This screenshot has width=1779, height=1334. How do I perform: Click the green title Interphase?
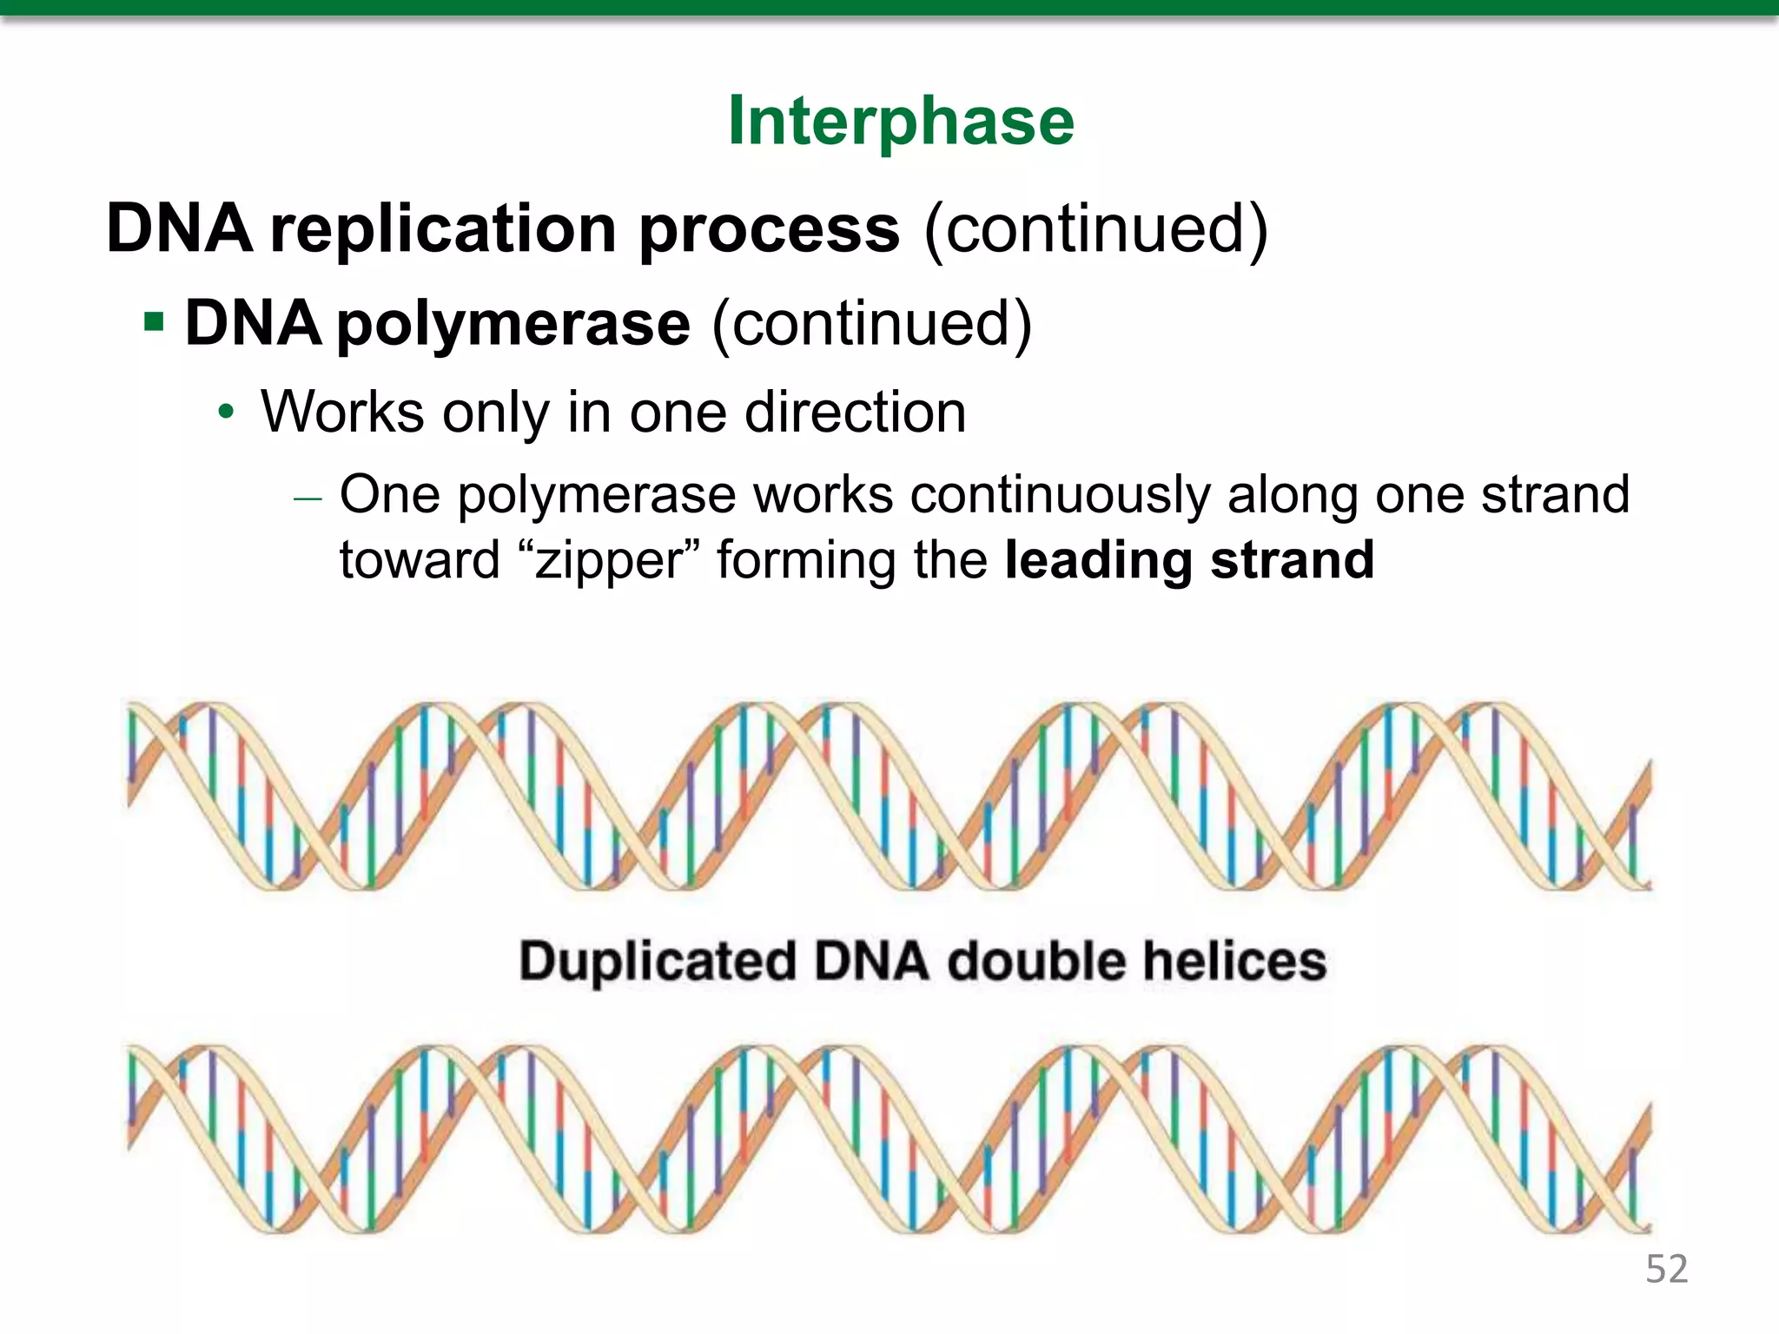coord(901,122)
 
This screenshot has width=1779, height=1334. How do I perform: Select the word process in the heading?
coord(769,231)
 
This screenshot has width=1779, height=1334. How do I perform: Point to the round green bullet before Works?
coord(226,413)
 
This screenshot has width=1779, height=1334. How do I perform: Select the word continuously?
coord(1059,495)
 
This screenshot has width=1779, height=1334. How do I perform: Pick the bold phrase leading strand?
coord(1189,560)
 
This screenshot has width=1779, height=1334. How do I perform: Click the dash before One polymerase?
coord(308,499)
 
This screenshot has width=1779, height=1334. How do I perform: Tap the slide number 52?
coord(1666,1269)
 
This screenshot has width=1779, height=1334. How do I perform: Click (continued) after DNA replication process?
coord(1095,229)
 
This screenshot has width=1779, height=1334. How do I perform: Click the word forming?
coord(807,560)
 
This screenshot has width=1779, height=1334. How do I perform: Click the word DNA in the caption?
coord(871,961)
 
